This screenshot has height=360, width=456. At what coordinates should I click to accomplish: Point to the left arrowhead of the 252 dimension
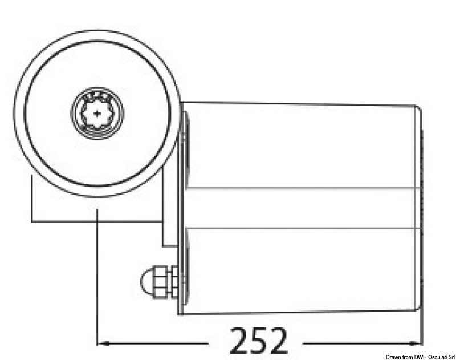[x=103, y=343]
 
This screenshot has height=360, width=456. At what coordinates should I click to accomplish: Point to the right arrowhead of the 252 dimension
[x=417, y=343]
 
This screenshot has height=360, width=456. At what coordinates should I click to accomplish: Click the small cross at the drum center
[x=97, y=113]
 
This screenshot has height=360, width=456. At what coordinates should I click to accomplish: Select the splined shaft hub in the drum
[x=97, y=113]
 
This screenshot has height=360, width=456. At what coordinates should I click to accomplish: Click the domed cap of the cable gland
[x=145, y=280]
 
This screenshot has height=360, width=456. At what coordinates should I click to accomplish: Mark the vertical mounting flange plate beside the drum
[x=184, y=211]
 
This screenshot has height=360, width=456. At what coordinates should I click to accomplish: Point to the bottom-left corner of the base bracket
[x=32, y=220]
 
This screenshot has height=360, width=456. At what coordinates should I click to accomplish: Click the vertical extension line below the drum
[x=98, y=274]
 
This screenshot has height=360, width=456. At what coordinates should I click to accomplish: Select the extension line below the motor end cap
[x=421, y=331]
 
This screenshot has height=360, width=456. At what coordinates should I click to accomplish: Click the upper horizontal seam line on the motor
[x=302, y=189]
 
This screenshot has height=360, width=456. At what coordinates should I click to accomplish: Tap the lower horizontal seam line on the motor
[x=302, y=229]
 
